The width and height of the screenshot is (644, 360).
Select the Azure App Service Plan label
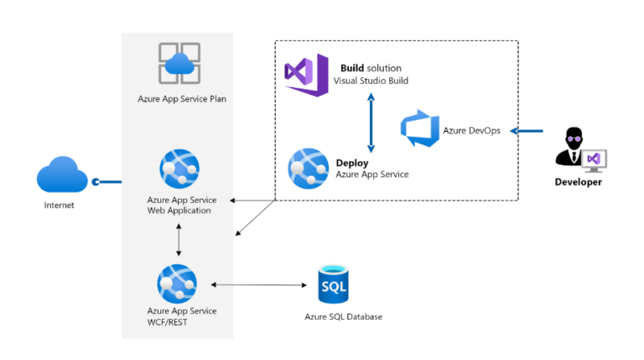click(x=182, y=98)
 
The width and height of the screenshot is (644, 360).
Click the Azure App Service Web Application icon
click(x=179, y=169)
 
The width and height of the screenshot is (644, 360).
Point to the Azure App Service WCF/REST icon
click(x=177, y=284)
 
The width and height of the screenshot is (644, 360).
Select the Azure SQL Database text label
click(x=343, y=317)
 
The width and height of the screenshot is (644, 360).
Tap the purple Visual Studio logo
click(x=306, y=73)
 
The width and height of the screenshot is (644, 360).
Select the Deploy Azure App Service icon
click(x=308, y=168)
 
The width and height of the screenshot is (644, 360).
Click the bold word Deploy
click(x=352, y=163)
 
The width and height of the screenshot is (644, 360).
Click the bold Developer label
click(x=578, y=182)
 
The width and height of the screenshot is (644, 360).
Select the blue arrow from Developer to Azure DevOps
click(x=527, y=130)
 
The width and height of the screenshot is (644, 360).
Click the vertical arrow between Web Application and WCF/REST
click(x=179, y=239)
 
